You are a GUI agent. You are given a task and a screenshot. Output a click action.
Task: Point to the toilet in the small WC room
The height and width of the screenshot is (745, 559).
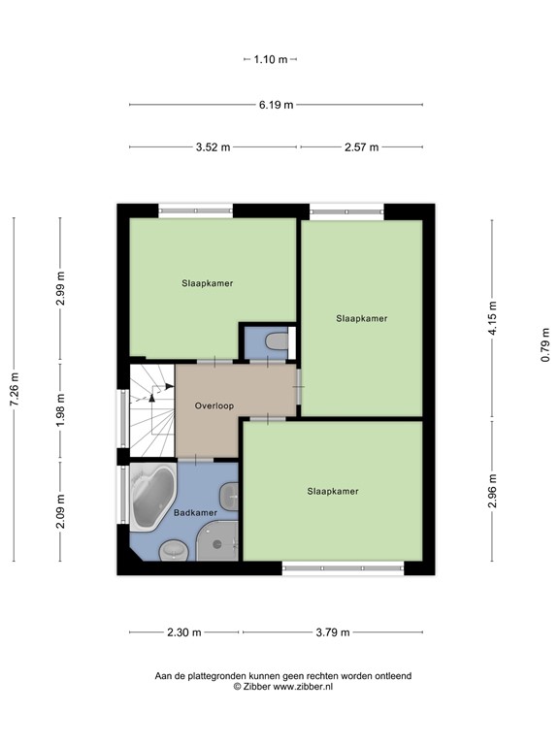(276, 342)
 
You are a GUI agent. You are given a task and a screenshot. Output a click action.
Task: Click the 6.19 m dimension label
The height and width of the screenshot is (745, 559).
(276, 105)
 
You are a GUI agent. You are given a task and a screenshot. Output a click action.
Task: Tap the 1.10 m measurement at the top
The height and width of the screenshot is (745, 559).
(271, 59)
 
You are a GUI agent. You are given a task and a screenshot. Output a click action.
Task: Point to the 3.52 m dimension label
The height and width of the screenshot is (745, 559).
(213, 147)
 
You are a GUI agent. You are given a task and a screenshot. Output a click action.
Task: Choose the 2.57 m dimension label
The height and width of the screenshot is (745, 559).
(361, 147)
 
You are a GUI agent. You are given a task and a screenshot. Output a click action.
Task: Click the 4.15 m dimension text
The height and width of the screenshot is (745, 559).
(492, 319)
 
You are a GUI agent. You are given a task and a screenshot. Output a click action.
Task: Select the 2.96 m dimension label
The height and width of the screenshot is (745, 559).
(492, 491)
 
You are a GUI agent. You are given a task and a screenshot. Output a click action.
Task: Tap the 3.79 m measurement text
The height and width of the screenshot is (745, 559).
(333, 632)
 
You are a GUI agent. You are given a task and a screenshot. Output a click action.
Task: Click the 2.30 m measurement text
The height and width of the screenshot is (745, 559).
(183, 632)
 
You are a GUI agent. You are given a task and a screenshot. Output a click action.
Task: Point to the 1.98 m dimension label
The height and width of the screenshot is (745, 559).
(60, 410)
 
